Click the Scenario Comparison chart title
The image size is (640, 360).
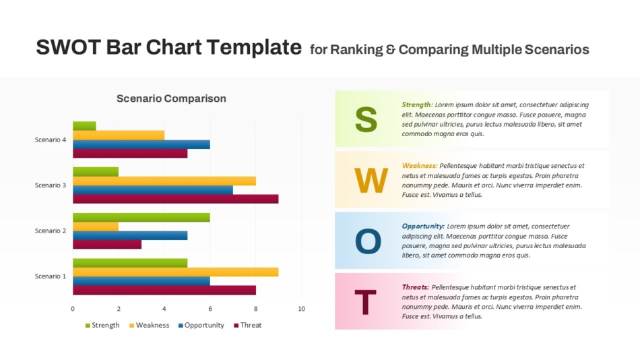click(x=171, y=98)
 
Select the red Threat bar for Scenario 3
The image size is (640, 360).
click(x=175, y=199)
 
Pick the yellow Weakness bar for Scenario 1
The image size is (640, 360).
click(x=175, y=272)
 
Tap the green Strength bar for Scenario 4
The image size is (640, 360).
click(x=84, y=125)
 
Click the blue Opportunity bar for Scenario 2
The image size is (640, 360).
click(x=130, y=235)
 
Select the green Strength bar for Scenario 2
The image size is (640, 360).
click(x=141, y=217)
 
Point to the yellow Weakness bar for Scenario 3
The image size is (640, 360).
click(x=164, y=181)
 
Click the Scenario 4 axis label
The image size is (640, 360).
click(x=51, y=140)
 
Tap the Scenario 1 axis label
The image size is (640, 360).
click(x=51, y=276)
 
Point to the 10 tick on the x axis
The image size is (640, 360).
click(x=301, y=309)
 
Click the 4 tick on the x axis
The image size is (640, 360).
click(x=164, y=309)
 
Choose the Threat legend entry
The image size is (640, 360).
click(x=251, y=326)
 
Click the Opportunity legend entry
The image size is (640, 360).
click(x=204, y=326)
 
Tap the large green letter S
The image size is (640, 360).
click(x=366, y=119)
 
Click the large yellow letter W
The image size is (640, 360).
click(x=371, y=181)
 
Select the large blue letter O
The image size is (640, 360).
click(x=368, y=241)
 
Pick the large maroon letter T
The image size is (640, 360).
click(x=365, y=302)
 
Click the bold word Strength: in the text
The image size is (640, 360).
click(x=417, y=104)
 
